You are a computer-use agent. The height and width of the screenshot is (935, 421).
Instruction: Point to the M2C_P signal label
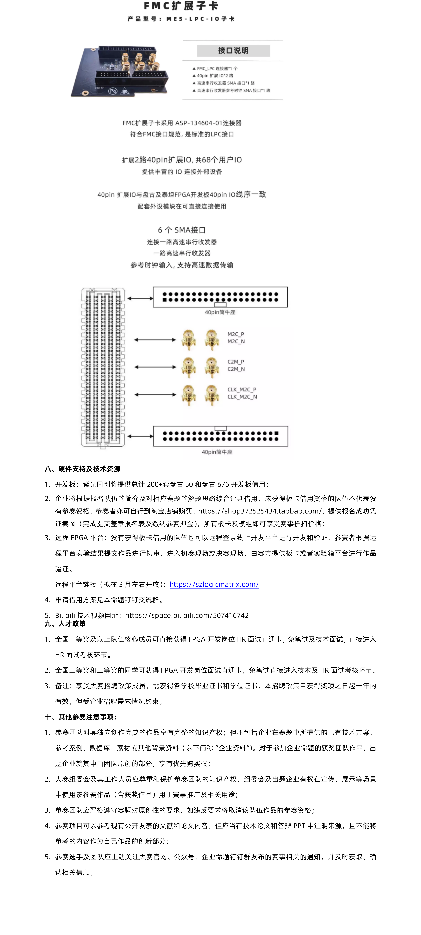(x=236, y=334)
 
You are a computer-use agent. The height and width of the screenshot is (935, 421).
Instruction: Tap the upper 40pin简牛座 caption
(x=220, y=312)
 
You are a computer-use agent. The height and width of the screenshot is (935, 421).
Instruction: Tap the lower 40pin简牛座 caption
(x=217, y=452)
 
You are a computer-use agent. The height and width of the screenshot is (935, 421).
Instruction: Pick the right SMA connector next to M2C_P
(x=212, y=339)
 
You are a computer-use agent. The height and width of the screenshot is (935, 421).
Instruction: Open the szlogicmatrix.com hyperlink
(x=214, y=584)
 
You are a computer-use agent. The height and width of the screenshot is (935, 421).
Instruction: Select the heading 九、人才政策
(x=65, y=624)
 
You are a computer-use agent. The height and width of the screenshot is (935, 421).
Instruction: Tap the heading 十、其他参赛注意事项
(x=81, y=717)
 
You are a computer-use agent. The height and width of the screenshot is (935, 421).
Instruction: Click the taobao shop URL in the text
(x=260, y=511)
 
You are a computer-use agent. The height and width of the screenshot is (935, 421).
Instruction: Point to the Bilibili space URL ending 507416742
(x=187, y=615)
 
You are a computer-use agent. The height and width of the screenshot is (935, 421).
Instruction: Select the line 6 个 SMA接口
(x=182, y=230)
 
